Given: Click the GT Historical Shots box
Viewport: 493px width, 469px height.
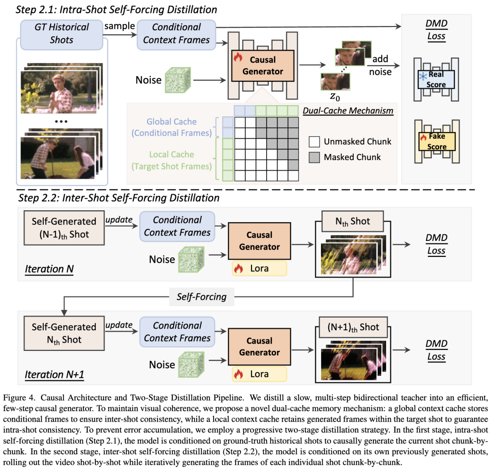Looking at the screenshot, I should pyautogui.click(x=61, y=33).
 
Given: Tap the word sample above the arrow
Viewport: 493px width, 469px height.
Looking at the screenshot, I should pyautogui.click(x=120, y=26).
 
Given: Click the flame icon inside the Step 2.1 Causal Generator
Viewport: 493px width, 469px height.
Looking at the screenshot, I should pyautogui.click(x=237, y=58).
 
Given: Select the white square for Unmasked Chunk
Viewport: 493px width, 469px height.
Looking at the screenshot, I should pyautogui.click(x=313, y=142).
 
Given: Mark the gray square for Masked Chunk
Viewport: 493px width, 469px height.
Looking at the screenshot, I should pyautogui.click(x=313, y=157).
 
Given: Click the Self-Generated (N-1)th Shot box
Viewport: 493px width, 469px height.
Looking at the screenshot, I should pyautogui.click(x=64, y=227).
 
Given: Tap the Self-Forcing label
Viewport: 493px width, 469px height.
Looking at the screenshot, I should pyautogui.click(x=201, y=297).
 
